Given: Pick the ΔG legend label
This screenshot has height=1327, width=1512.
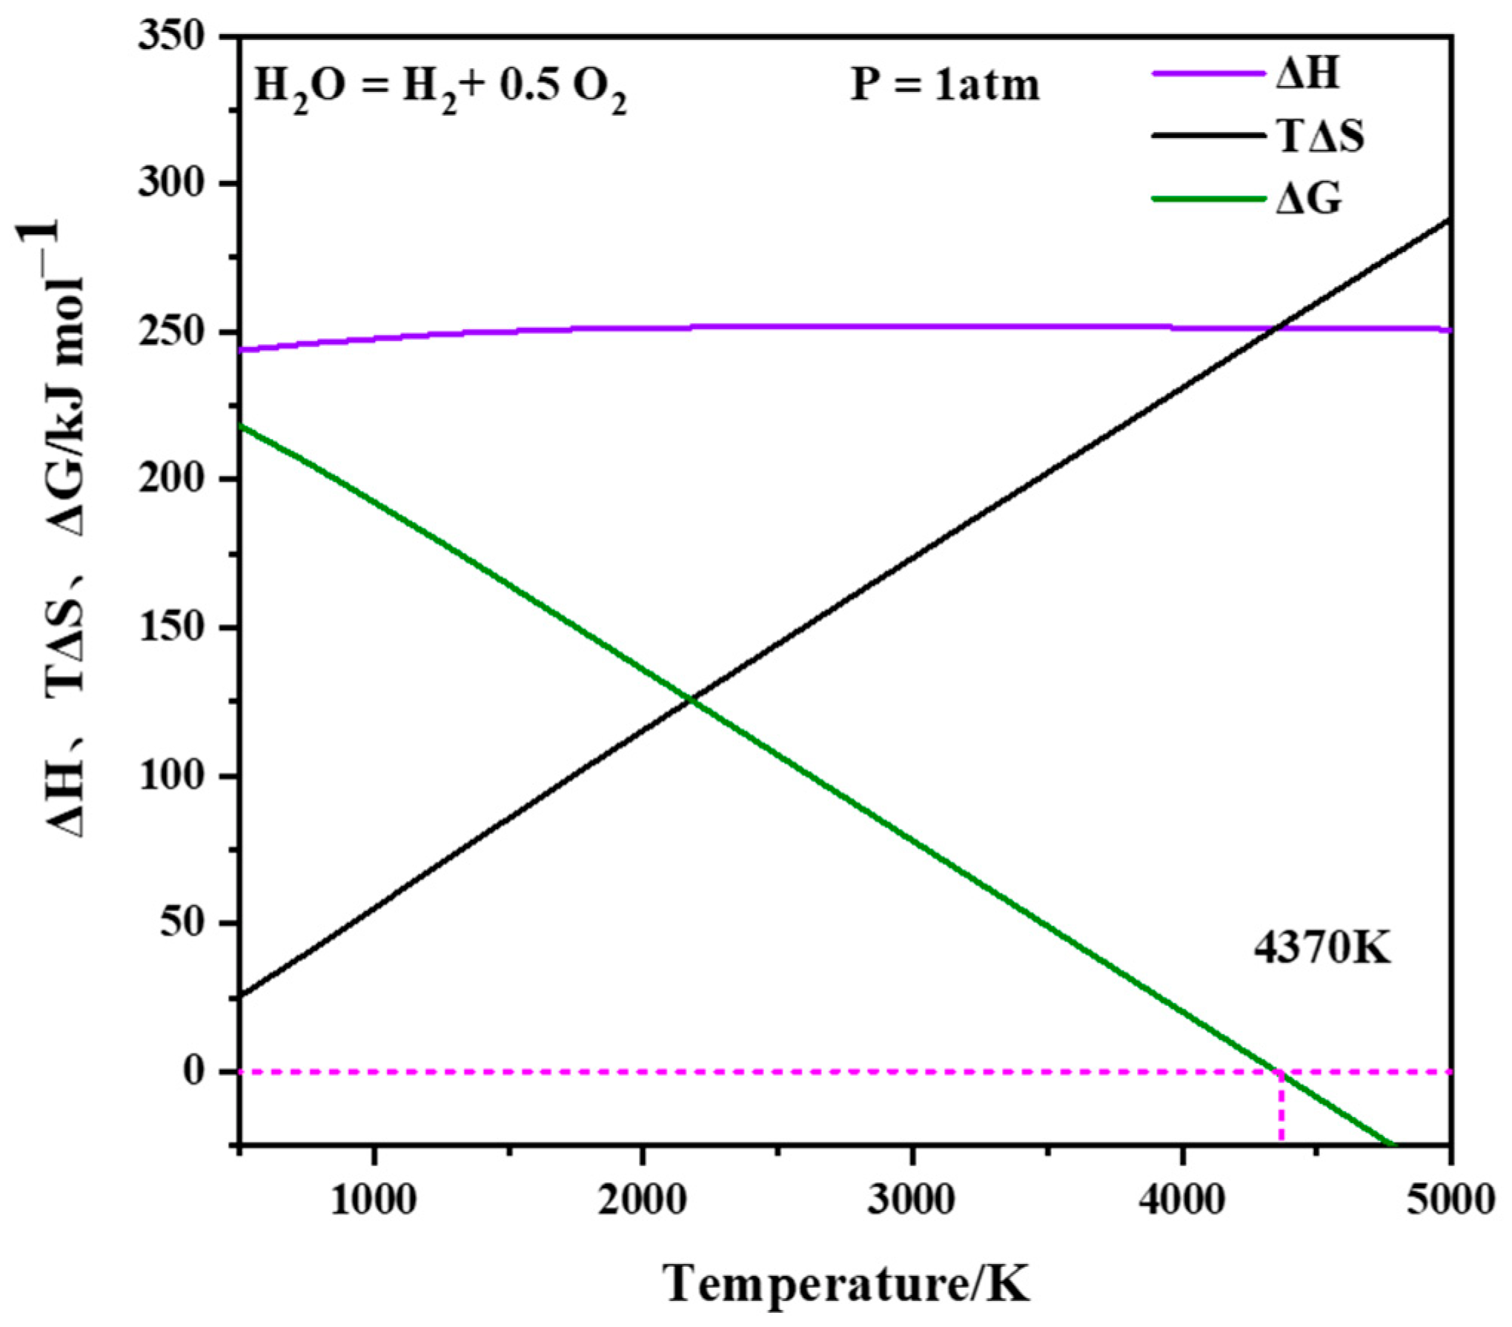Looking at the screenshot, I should (x=1309, y=199).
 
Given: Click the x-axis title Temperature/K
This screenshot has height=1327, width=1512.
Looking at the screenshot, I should (x=848, y=1283).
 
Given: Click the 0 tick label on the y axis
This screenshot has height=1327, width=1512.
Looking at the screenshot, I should (x=194, y=1071).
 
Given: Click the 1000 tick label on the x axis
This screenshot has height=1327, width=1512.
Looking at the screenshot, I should (x=373, y=1200).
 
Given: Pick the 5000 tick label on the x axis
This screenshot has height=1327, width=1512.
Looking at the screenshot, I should (x=1450, y=1200).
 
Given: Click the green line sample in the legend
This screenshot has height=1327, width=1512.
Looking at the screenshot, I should (x=1208, y=199).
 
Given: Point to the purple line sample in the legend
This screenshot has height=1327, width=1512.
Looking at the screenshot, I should (x=1208, y=73).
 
